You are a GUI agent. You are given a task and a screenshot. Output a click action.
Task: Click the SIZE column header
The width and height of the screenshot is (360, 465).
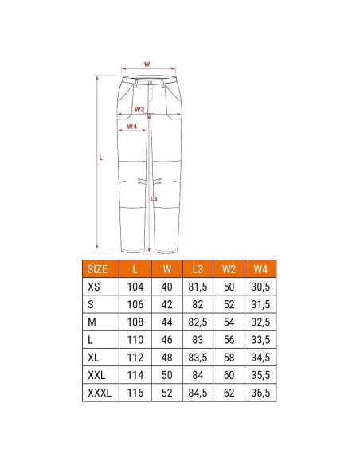click(97, 269)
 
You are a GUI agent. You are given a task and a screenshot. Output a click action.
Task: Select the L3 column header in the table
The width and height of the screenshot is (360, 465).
click(198, 269)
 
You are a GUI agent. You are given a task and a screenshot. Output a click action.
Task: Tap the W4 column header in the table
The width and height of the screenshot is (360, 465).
click(260, 269)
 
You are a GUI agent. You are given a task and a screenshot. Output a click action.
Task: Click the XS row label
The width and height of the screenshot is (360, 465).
click(94, 287)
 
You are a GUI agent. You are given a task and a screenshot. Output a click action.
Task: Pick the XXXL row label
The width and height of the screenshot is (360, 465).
click(100, 393)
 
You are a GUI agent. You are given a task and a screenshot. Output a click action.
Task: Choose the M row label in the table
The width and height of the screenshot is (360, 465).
click(92, 322)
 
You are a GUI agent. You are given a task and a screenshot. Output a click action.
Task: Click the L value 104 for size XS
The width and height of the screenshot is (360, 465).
click(135, 287)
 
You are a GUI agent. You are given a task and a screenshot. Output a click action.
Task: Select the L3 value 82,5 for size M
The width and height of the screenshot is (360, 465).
click(198, 322)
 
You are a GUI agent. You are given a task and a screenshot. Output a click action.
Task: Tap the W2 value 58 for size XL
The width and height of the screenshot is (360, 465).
click(229, 358)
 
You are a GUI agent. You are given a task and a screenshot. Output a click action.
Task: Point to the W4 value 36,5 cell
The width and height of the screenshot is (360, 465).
click(260, 393)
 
